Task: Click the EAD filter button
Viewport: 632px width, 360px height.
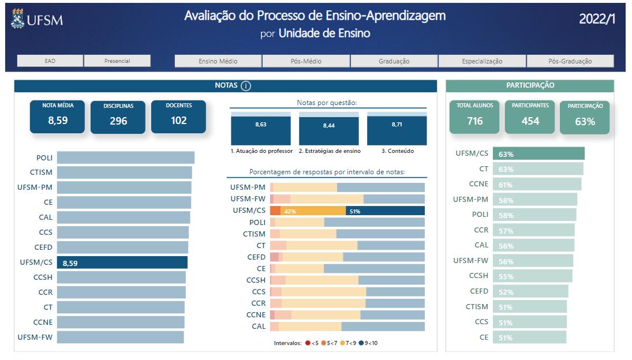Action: [x=50, y=61]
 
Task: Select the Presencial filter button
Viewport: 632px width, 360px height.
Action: [x=117, y=61]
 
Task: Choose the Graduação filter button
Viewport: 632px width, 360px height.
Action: [x=394, y=61]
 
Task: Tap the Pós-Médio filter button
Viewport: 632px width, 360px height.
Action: [x=306, y=61]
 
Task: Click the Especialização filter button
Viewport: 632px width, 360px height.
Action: [x=482, y=61]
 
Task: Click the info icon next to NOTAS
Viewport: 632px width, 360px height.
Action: [x=246, y=86]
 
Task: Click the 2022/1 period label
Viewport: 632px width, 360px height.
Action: [x=597, y=19]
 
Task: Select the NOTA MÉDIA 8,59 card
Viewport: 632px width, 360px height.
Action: [x=57, y=117]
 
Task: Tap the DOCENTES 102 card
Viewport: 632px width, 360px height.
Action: [x=178, y=117]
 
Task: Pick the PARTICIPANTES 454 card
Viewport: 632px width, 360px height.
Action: [x=530, y=117]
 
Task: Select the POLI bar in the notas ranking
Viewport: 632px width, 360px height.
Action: [x=125, y=157]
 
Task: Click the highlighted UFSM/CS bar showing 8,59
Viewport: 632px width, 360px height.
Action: [x=122, y=262]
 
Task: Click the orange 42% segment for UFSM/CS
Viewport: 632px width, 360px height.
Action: [x=313, y=211]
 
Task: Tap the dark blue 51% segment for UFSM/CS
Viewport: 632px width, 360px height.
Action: [x=385, y=211]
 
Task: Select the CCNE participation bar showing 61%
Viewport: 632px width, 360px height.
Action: [x=537, y=184]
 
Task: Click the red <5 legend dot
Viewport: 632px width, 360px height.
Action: [x=308, y=343]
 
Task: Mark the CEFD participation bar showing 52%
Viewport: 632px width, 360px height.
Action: [x=530, y=291]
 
